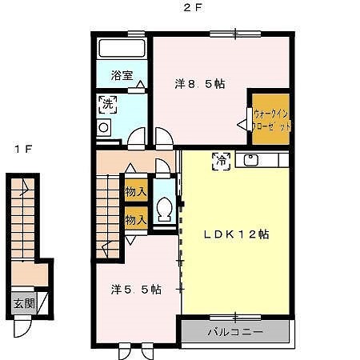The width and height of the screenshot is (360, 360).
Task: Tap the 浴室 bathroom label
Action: coord(122,76)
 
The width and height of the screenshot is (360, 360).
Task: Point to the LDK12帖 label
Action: coord(235,234)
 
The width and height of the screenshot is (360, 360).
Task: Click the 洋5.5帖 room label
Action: coord(136,290)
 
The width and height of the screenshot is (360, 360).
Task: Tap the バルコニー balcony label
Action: coord(235,330)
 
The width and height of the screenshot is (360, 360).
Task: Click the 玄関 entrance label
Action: coord(22,303)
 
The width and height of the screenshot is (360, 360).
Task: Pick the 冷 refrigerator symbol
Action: coord(219,160)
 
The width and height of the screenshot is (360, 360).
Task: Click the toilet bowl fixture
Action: coord(166,210)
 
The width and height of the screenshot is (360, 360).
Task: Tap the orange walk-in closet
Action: coord(271,119)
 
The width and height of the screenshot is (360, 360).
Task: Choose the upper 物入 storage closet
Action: coord(135,192)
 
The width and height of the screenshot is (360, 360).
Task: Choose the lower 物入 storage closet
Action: coord(135,218)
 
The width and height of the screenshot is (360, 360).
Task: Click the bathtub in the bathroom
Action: coord(122,47)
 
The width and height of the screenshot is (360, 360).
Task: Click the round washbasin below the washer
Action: coord(103,127)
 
